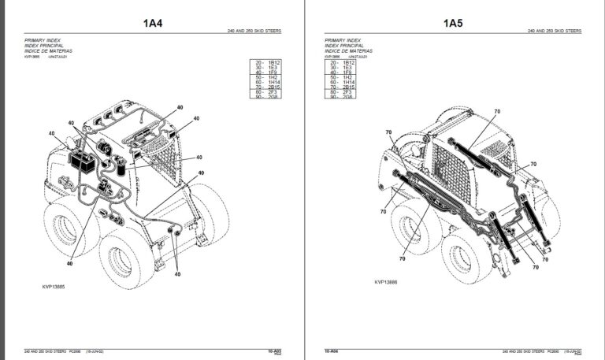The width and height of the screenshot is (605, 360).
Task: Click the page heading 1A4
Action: tap(153, 23)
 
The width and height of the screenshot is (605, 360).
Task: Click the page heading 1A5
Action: tap(453, 23)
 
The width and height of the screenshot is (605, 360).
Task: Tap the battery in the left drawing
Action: tap(81, 163)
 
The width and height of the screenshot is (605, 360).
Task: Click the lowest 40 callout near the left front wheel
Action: tap(178, 274)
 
